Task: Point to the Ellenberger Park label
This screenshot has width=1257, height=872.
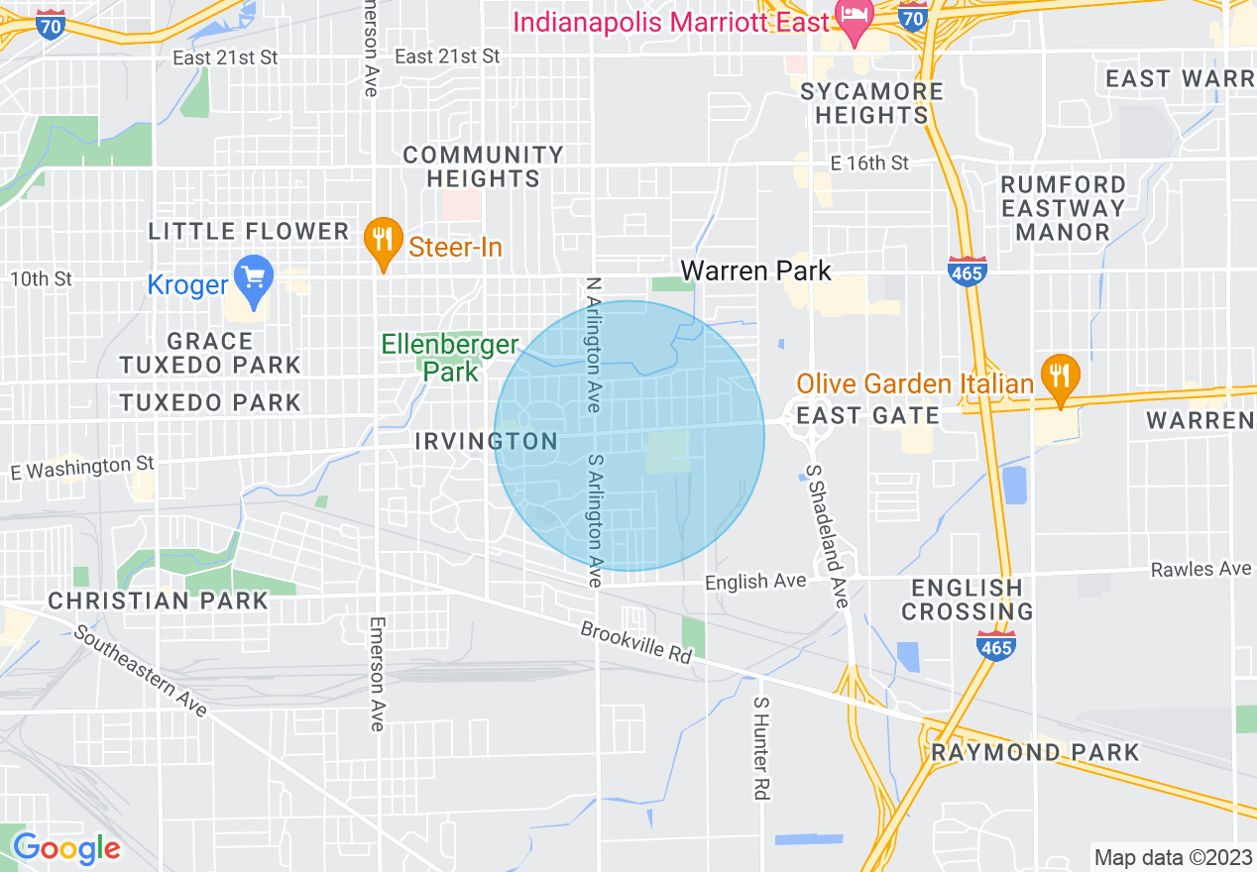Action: [450, 358]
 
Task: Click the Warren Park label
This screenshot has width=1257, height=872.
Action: [755, 271]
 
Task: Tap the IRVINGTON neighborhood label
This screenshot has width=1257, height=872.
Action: [486, 441]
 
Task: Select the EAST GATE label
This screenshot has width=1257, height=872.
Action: [867, 415]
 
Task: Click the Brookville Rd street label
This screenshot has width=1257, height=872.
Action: [635, 643]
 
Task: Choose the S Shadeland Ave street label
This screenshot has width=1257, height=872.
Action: [826, 535]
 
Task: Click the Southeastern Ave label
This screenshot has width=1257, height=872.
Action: [140, 672]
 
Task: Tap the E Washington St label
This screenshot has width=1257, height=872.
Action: [82, 467]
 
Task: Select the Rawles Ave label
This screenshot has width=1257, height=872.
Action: [1200, 569]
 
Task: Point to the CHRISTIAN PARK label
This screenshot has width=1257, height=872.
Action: [159, 601]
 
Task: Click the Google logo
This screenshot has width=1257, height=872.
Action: [66, 848]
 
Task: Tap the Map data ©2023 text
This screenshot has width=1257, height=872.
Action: [1170, 857]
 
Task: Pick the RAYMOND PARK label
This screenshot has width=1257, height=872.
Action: [1036, 752]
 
